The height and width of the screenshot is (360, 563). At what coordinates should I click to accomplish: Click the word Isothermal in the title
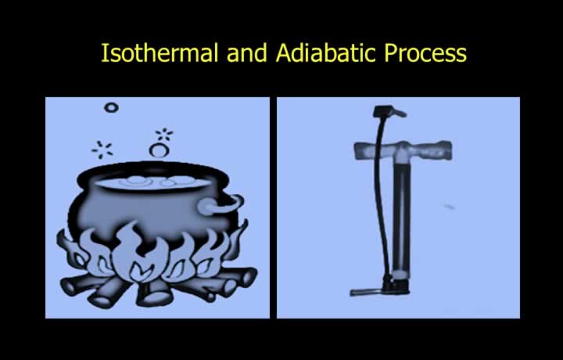[x=160, y=52]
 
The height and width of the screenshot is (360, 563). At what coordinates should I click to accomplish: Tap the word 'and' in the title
[x=246, y=52]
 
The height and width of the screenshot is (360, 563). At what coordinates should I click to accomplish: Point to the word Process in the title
[x=425, y=53]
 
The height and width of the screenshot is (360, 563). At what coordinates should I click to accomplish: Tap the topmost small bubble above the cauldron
[x=111, y=107]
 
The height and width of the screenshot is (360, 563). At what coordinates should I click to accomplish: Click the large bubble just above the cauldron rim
[x=159, y=149]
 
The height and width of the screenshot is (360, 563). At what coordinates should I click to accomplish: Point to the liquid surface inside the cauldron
[x=152, y=182]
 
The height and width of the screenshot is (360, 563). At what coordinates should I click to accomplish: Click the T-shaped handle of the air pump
[x=403, y=150]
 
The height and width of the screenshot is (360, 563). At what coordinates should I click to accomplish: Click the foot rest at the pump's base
[x=367, y=292]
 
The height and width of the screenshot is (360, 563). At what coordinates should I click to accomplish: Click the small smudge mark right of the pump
[x=449, y=207]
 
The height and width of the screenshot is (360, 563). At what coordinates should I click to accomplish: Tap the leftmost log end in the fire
[x=67, y=287]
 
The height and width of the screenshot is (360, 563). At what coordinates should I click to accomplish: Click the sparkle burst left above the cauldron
[x=102, y=149]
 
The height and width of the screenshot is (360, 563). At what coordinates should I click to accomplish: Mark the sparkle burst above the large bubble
[x=164, y=135]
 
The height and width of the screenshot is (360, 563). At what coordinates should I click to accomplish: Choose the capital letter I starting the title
[x=104, y=52]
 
